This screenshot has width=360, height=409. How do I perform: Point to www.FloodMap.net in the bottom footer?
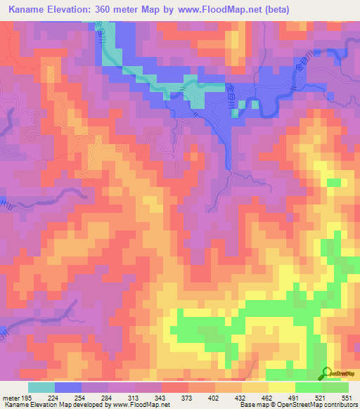coord(140,405)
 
